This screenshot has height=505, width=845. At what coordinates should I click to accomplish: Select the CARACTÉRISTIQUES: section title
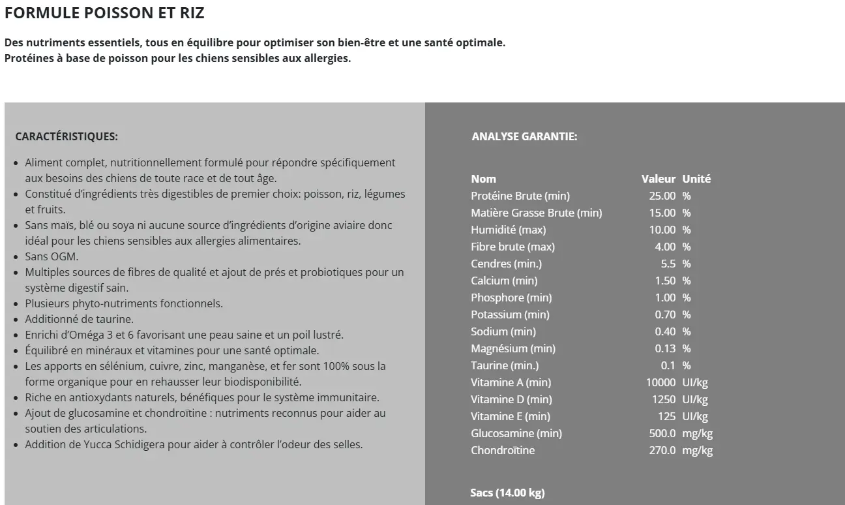pos(67,137)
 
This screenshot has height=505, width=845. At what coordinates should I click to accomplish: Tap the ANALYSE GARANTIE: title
pos(524,137)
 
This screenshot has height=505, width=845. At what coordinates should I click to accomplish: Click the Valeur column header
pos(658,179)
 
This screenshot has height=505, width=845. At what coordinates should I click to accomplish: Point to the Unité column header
pos(696,179)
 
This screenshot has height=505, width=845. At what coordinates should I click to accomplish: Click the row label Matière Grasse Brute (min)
pos(536,213)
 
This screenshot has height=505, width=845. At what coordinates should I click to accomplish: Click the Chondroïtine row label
pos(503,450)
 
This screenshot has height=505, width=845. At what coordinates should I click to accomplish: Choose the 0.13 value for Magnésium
pos(665,348)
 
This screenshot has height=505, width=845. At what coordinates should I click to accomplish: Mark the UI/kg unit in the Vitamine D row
pos(695,399)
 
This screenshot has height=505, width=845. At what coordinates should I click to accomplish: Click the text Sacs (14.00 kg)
pos(507,493)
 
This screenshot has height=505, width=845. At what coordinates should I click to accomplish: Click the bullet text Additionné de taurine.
pos(79,319)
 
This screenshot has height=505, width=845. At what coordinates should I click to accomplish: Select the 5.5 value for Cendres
pos(668,264)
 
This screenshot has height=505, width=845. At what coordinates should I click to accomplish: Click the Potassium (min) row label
pos(510,314)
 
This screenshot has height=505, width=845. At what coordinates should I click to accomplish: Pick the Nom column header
pos(483,179)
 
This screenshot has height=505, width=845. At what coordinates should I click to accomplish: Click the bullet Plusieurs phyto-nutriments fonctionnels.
pos(124,303)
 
